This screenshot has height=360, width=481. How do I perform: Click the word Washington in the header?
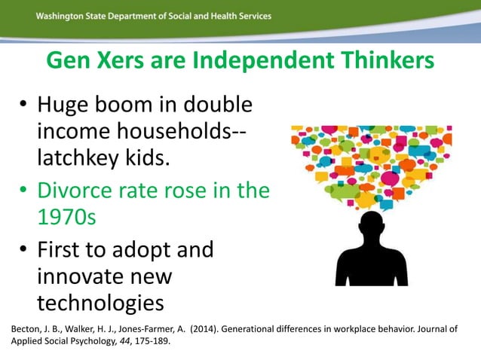click(62, 17)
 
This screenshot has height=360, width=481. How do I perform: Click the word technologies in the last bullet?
click(100, 302)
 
